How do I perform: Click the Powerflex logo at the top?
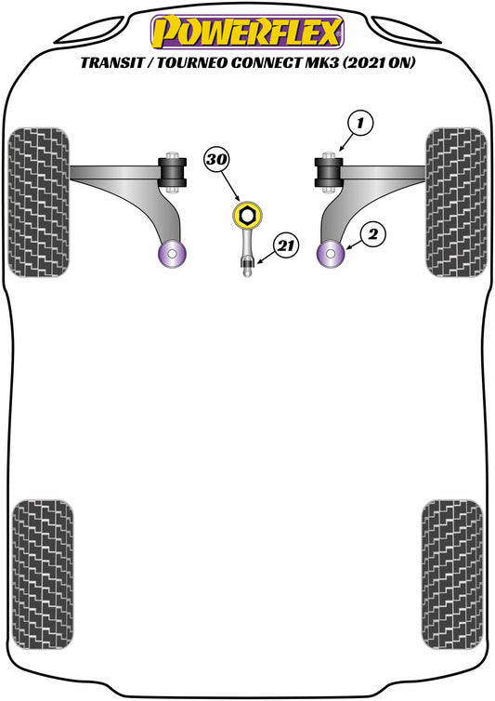click(x=247, y=33)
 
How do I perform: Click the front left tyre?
click(x=38, y=201)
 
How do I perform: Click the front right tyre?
click(x=456, y=201)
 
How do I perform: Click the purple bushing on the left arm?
click(x=172, y=253)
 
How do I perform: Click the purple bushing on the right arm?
click(x=332, y=253)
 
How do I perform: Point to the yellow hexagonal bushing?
click(x=248, y=218)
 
